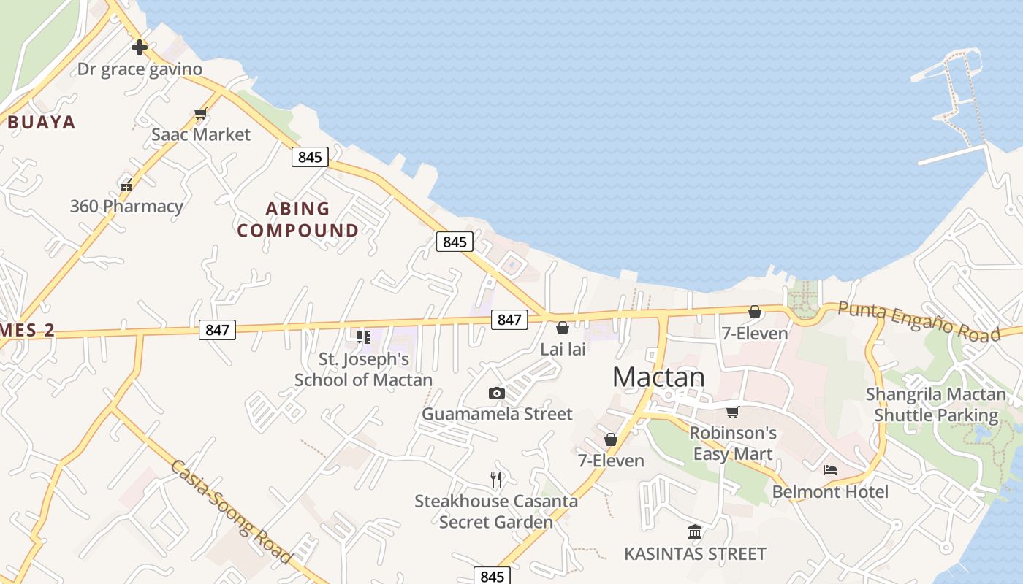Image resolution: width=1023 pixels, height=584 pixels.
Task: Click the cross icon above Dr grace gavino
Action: click(139, 48)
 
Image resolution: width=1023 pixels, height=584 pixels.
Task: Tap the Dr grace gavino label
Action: click(140, 69)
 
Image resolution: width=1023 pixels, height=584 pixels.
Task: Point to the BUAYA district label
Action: click(42, 122)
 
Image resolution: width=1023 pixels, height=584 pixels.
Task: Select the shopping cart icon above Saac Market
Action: click(201, 114)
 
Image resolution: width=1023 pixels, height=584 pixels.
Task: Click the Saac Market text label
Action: click(200, 134)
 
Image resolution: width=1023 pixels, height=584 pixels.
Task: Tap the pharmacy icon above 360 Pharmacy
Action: click(126, 185)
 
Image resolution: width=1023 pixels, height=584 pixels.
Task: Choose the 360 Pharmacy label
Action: click(126, 206)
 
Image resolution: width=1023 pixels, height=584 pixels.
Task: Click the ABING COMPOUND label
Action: click(297, 220)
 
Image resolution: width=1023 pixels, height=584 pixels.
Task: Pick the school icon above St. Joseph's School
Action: click(363, 337)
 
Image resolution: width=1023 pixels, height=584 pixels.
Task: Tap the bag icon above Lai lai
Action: click(563, 328)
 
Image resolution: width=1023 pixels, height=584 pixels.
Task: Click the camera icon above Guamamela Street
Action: click(497, 393)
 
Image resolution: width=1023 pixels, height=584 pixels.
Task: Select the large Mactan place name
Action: click(658, 377)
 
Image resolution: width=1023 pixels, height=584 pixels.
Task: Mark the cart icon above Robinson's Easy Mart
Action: click(733, 412)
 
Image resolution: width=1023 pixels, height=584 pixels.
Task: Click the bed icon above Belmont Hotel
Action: click(830, 469)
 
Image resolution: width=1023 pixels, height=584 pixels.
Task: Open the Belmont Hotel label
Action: click(830, 491)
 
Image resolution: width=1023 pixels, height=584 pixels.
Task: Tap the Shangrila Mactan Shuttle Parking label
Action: click(935, 405)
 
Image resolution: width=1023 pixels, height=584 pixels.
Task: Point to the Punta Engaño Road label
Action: click(919, 321)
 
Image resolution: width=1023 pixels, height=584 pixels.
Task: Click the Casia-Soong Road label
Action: click(232, 512)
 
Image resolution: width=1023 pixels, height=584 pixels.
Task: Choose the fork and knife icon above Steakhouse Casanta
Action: click(496, 480)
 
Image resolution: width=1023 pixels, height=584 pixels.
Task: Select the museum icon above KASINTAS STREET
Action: click(695, 531)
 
